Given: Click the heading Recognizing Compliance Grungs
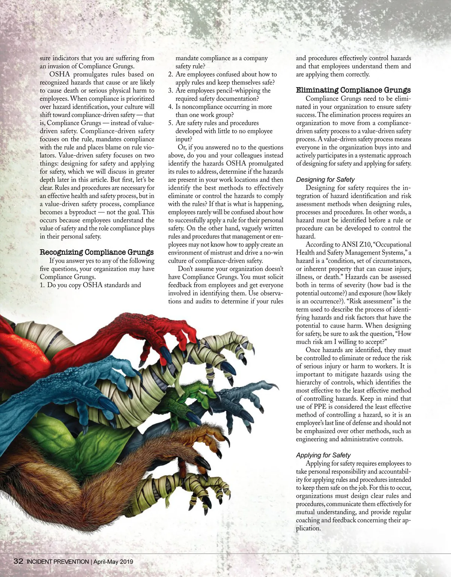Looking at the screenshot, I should tap(97, 252).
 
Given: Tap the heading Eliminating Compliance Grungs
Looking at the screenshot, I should tap(353, 90).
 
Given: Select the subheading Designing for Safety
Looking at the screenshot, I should tap(325, 180).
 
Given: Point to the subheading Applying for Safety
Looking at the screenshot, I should tap(323, 455).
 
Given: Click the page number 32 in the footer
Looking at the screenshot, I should tap(18, 562).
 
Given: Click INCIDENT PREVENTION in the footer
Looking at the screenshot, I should tap(58, 562).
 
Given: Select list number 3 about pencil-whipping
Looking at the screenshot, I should tap(171, 91).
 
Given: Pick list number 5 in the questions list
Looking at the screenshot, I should tap(171, 123).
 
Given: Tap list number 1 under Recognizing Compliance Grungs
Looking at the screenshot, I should tap(42, 285).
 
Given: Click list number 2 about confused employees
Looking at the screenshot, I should tap(171, 74).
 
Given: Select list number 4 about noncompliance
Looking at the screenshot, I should tap(171, 107).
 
